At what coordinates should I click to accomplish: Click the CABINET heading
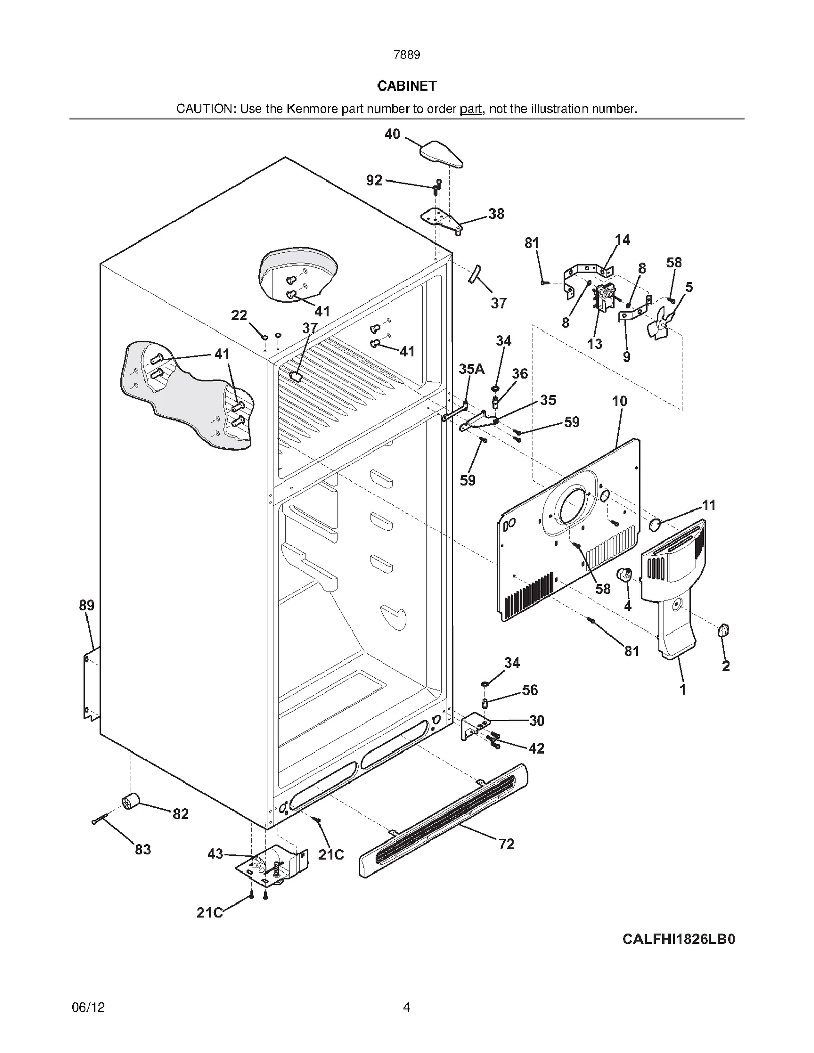(x=406, y=86)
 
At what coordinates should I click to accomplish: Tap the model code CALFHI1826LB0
(x=678, y=939)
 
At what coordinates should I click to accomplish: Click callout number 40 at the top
(x=392, y=134)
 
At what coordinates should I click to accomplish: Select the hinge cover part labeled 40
(x=441, y=155)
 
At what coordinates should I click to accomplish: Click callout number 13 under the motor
(x=594, y=344)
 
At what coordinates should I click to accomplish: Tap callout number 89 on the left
(x=86, y=605)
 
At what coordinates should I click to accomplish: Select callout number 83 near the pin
(x=143, y=849)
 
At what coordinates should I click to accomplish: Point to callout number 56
(x=530, y=690)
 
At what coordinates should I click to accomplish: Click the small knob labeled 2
(x=723, y=631)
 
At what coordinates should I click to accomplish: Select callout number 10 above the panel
(x=619, y=401)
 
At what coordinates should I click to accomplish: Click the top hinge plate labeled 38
(x=441, y=220)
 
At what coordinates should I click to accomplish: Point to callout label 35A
(x=471, y=369)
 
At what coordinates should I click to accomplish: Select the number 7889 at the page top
(x=406, y=55)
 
